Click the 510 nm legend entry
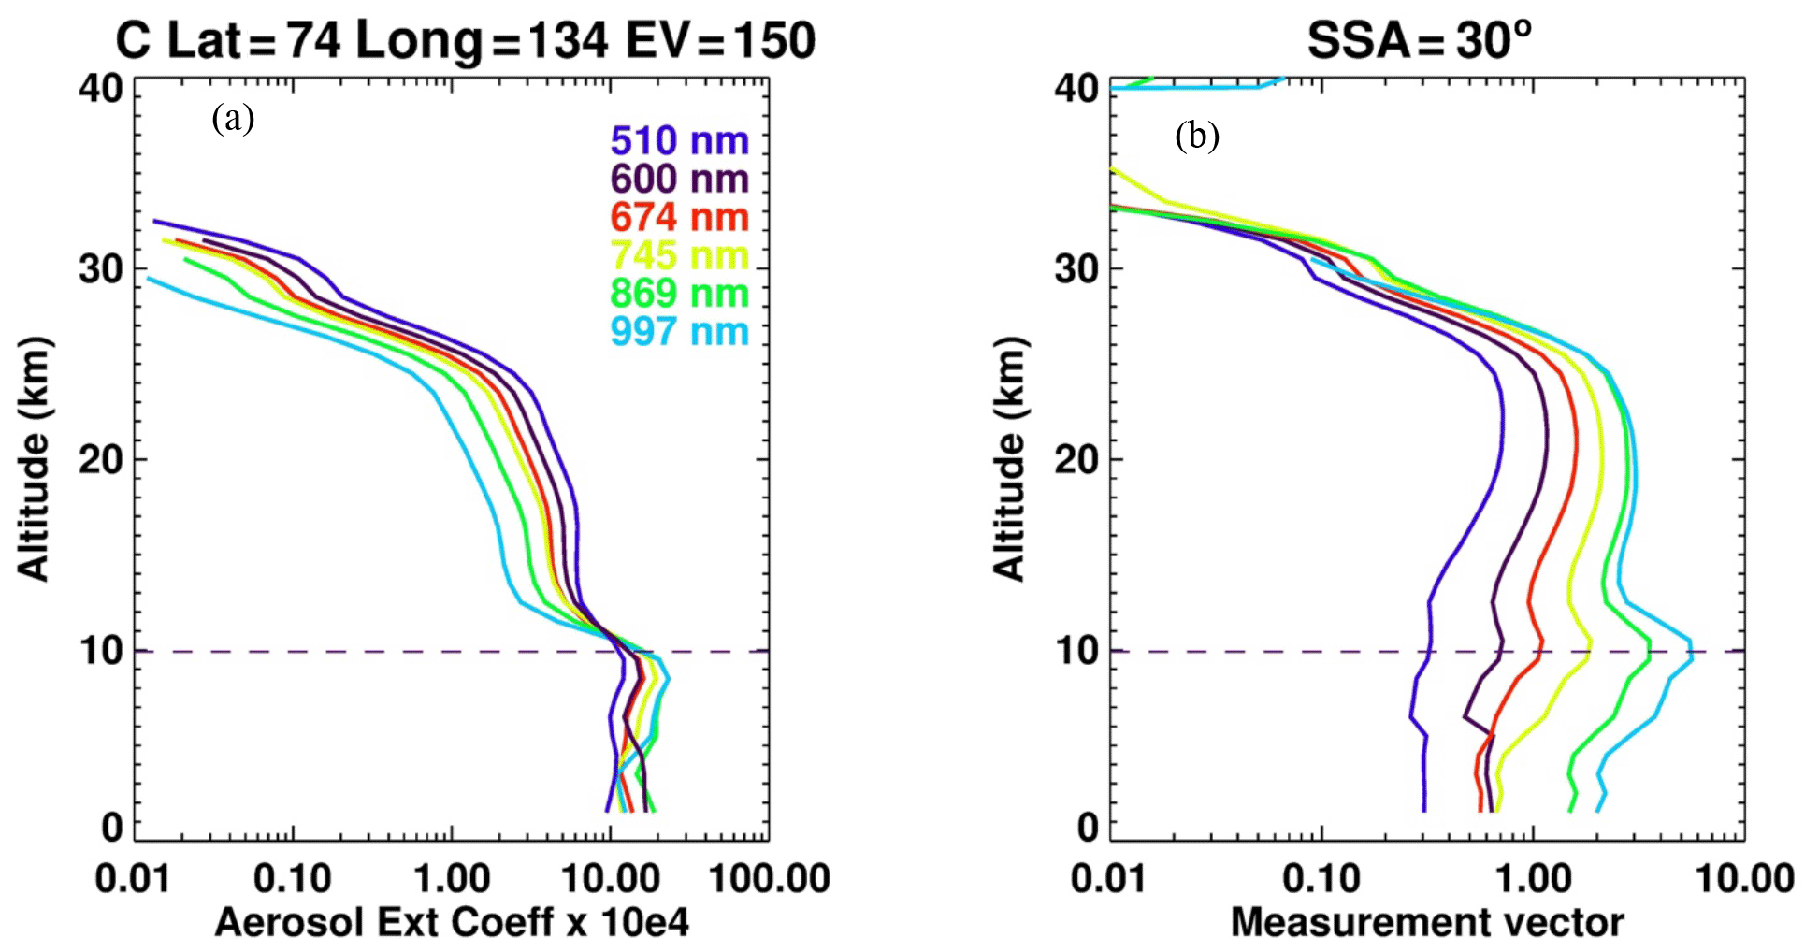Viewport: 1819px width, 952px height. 679,141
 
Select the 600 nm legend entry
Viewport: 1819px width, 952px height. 679,179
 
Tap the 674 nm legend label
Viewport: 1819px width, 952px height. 679,217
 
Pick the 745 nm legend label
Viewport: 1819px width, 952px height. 679,255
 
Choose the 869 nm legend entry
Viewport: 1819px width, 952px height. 679,293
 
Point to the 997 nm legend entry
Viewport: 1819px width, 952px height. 679,331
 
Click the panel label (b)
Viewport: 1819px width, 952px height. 1197,137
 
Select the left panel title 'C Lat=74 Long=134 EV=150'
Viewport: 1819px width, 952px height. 465,41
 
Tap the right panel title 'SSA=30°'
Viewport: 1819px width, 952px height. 1419,41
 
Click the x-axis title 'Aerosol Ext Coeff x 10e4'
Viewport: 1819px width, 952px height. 452,922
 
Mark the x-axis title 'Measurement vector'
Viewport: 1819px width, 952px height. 1427,922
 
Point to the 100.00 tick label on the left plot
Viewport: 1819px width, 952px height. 769,879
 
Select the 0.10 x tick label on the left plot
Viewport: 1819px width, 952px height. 293,879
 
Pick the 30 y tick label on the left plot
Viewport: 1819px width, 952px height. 101,269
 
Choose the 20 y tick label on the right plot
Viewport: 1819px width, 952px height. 1076,459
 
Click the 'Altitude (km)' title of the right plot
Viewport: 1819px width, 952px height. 1009,459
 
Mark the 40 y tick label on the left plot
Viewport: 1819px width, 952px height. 101,89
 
